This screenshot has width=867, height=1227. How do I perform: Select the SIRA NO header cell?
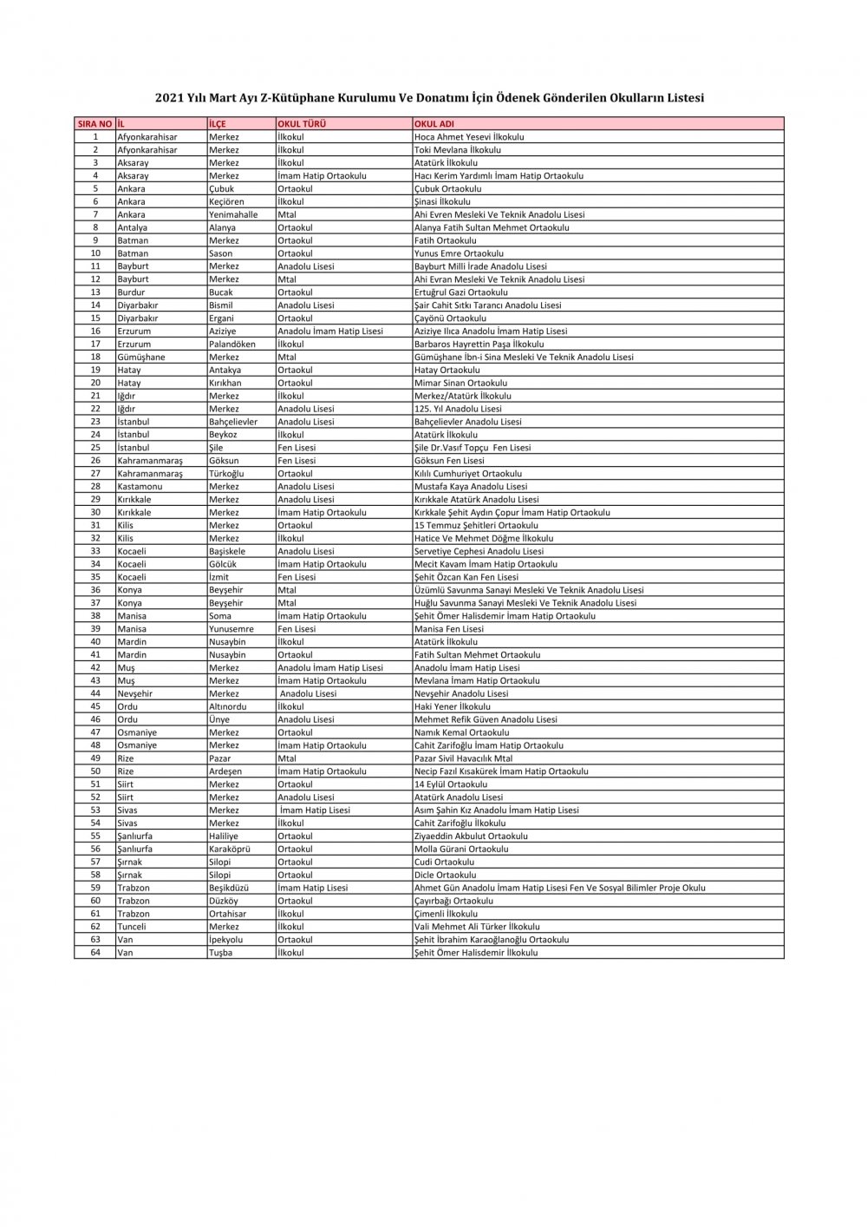click(x=95, y=124)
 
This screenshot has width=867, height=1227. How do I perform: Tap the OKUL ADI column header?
click(x=434, y=124)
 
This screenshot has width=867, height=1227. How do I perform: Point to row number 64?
click(x=95, y=952)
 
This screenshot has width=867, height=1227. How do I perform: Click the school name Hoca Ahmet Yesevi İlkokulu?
click(x=469, y=137)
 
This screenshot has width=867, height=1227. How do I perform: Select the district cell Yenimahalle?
click(x=233, y=214)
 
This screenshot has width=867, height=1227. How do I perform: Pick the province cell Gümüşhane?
click(x=141, y=357)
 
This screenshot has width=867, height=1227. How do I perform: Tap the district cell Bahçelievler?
click(x=233, y=422)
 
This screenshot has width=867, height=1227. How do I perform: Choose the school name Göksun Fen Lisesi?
click(x=449, y=461)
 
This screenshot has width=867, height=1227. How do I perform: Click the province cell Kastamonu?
click(x=140, y=487)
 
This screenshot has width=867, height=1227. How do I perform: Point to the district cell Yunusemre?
click(x=231, y=629)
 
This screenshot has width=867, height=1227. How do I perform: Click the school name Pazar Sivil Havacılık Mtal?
click(x=463, y=758)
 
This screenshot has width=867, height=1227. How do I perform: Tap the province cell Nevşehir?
click(x=134, y=693)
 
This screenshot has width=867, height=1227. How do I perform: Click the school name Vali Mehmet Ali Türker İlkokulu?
click(x=477, y=927)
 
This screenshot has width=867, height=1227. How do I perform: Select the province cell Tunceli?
click(x=132, y=927)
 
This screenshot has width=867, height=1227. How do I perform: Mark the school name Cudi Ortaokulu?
click(x=444, y=862)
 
